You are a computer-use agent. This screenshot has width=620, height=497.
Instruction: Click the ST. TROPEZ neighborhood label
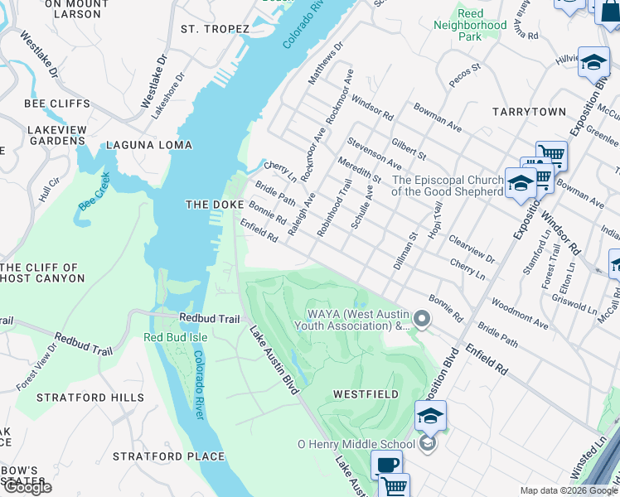[x=215, y=29]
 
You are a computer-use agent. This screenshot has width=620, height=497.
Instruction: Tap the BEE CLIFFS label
[x=57, y=104]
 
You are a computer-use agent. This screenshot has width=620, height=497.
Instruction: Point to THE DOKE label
[x=215, y=205]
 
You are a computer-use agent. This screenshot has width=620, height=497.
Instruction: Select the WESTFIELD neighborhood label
[x=366, y=394]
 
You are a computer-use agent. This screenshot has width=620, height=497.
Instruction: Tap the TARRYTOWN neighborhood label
[x=528, y=111]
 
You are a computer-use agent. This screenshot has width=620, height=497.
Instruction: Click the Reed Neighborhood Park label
[x=470, y=26]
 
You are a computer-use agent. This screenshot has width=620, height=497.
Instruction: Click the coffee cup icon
[x=386, y=466]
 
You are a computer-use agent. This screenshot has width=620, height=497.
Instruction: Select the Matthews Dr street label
[x=325, y=64]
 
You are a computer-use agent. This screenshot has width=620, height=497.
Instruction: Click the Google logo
[x=27, y=487]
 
